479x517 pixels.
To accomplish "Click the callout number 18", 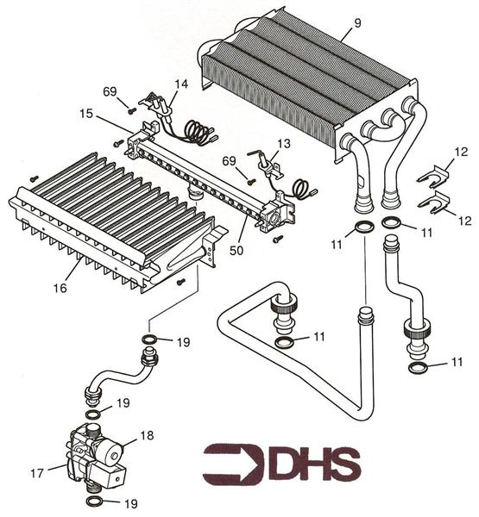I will (148, 437).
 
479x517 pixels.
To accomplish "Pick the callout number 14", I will (180, 84).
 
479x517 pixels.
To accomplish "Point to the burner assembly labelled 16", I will (112, 215).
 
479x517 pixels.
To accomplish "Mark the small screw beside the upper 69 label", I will (130, 110).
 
